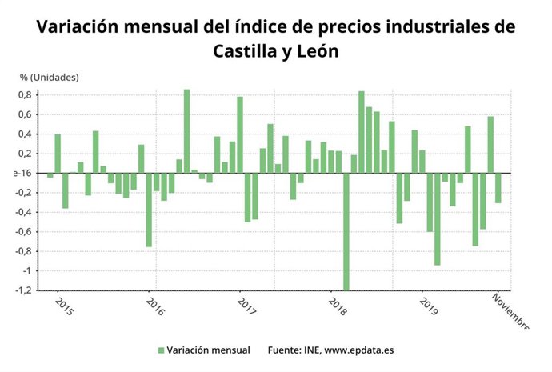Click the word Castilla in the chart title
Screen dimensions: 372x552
[x=243, y=51]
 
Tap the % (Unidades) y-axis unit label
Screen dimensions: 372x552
[x=50, y=77]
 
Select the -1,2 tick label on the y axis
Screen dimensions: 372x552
[x=22, y=290]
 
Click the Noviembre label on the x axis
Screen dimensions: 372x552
[x=509, y=312]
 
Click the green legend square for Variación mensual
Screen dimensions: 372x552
[x=161, y=350]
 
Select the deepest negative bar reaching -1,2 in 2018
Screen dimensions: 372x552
[x=346, y=231]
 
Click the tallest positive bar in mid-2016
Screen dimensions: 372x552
[x=186, y=131]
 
